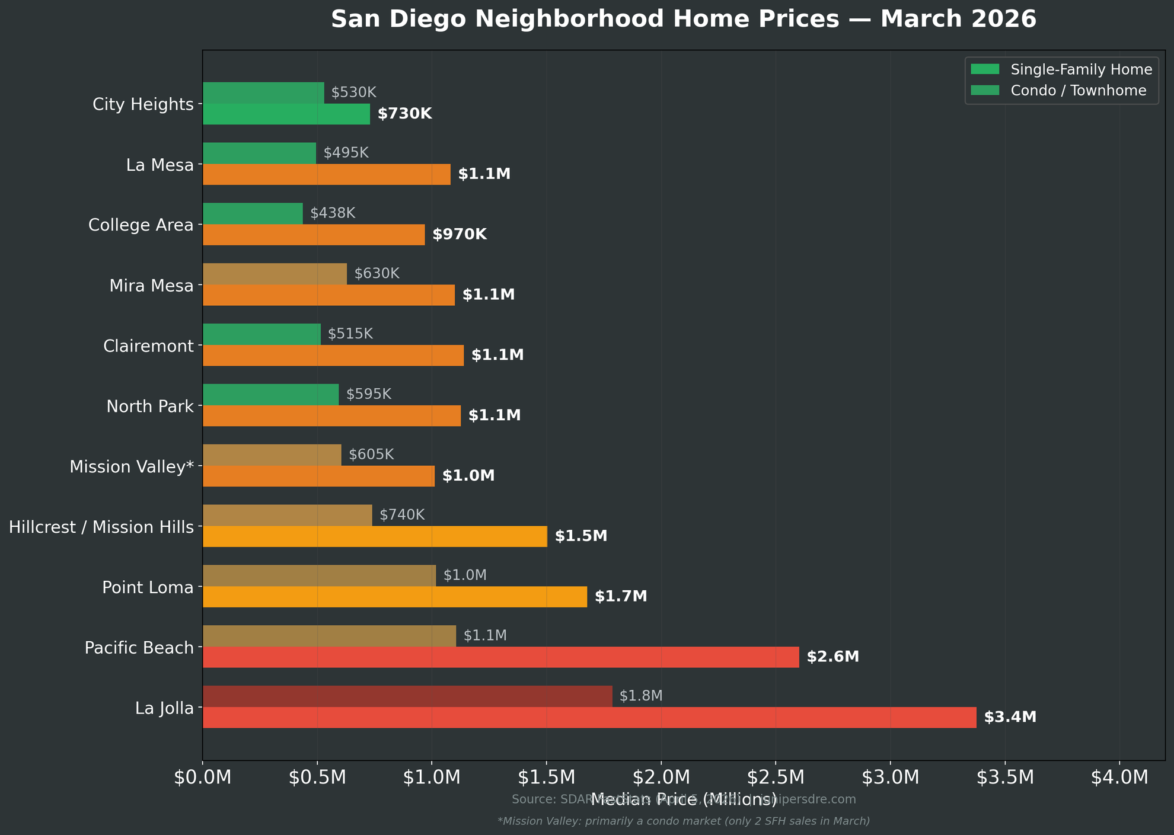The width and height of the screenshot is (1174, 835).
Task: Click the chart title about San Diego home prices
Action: (683, 20)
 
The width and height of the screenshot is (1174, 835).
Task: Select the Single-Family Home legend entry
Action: (1081, 70)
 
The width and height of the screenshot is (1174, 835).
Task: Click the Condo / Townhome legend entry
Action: (1078, 91)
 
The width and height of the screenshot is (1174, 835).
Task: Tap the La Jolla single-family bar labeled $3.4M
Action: (589, 718)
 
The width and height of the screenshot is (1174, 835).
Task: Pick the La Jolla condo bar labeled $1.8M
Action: (407, 696)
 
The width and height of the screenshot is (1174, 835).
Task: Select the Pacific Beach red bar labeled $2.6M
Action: (501, 657)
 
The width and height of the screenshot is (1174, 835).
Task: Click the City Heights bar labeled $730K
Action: (286, 114)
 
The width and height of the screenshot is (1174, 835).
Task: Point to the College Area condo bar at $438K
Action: (253, 213)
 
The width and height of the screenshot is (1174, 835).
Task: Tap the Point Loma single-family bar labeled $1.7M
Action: (395, 597)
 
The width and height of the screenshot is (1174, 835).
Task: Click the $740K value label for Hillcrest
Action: (402, 515)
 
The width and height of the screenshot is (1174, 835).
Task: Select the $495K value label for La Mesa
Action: (346, 153)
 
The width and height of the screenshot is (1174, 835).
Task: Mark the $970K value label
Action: (460, 235)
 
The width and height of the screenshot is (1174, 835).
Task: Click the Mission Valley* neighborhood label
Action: (132, 467)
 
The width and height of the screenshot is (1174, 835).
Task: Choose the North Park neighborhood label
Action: (150, 407)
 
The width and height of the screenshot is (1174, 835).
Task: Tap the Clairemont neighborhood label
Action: (148, 346)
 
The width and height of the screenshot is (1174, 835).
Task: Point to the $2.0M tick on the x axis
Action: (661, 778)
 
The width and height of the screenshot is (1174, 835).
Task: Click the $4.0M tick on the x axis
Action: (1119, 778)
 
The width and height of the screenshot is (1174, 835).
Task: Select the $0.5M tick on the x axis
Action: (317, 778)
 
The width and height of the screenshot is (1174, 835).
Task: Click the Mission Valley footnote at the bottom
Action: (683, 821)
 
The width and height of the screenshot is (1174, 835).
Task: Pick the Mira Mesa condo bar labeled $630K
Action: (275, 274)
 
